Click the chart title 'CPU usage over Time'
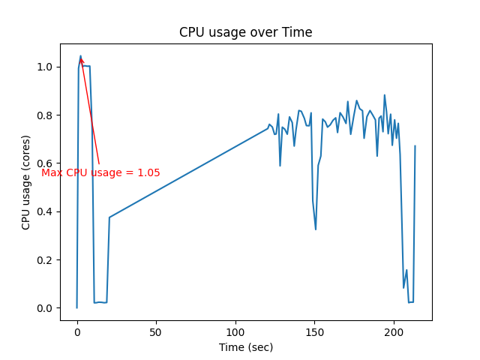245,32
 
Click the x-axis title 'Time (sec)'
245,347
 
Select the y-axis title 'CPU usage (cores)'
26,182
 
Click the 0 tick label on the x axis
76,331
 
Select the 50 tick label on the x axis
156,331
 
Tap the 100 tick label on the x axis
235,331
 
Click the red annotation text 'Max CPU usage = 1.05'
100,172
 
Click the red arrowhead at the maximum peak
81,58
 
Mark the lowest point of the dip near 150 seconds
316,229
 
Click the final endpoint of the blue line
415,146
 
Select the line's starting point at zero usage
76,307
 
